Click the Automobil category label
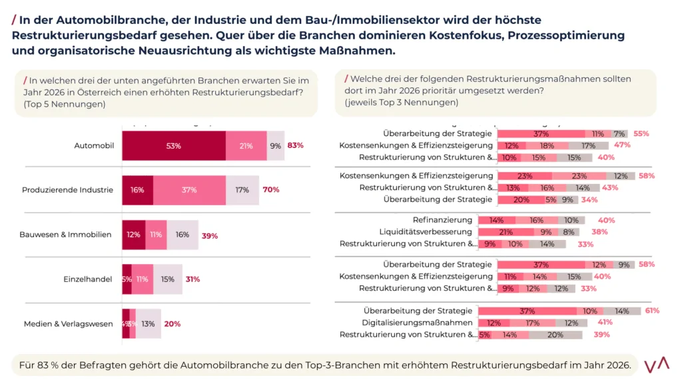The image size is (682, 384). pos(95,145)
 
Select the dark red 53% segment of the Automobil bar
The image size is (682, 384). pos(174,145)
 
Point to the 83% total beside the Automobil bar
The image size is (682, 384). pos(296,145)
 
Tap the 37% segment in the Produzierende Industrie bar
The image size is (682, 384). pos(189,190)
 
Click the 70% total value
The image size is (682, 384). pos(271,190)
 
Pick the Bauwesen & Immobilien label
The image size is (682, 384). pos(68,235)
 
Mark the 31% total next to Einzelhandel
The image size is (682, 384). pos(192,279)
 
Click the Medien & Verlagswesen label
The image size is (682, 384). pos(69,324)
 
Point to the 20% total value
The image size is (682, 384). pos(172,324)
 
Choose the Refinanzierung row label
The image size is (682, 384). pos(442,220)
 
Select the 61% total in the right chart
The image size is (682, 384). pos(652,311)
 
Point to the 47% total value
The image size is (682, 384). pos(623,145)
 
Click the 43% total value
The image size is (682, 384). pos(610,188)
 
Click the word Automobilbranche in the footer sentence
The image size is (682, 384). pos(176,365)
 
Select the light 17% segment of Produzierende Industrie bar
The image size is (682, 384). pos(242,190)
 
